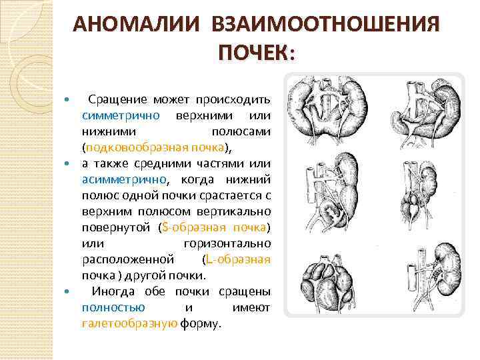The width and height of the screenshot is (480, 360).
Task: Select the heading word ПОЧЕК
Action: tap(254, 52)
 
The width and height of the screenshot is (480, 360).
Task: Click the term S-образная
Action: tap(191, 227)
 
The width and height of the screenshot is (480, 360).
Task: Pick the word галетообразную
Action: tap(129, 324)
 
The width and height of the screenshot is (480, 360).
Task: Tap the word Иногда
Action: tap(113, 291)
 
